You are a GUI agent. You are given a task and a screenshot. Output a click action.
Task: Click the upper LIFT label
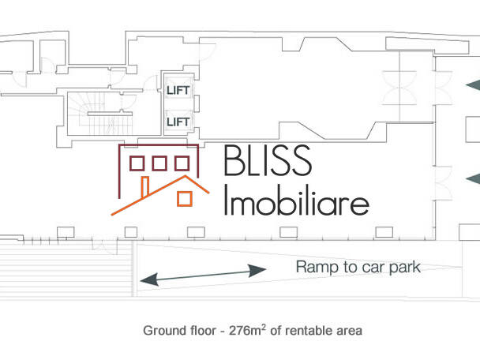point(178,91)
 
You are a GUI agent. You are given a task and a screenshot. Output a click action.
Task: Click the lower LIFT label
point(178,122)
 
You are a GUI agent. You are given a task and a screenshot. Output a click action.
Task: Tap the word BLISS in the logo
point(267,162)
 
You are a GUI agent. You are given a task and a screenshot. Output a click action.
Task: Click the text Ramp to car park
point(358,267)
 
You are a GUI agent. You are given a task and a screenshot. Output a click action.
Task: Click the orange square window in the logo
point(185,199)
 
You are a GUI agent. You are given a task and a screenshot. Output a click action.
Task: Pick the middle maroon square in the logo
point(159,163)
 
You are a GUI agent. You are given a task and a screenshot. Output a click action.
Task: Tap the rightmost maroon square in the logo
point(182,163)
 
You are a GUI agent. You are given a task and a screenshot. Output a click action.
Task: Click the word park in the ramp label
point(404,267)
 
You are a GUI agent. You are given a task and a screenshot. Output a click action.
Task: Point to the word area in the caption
point(349,330)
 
